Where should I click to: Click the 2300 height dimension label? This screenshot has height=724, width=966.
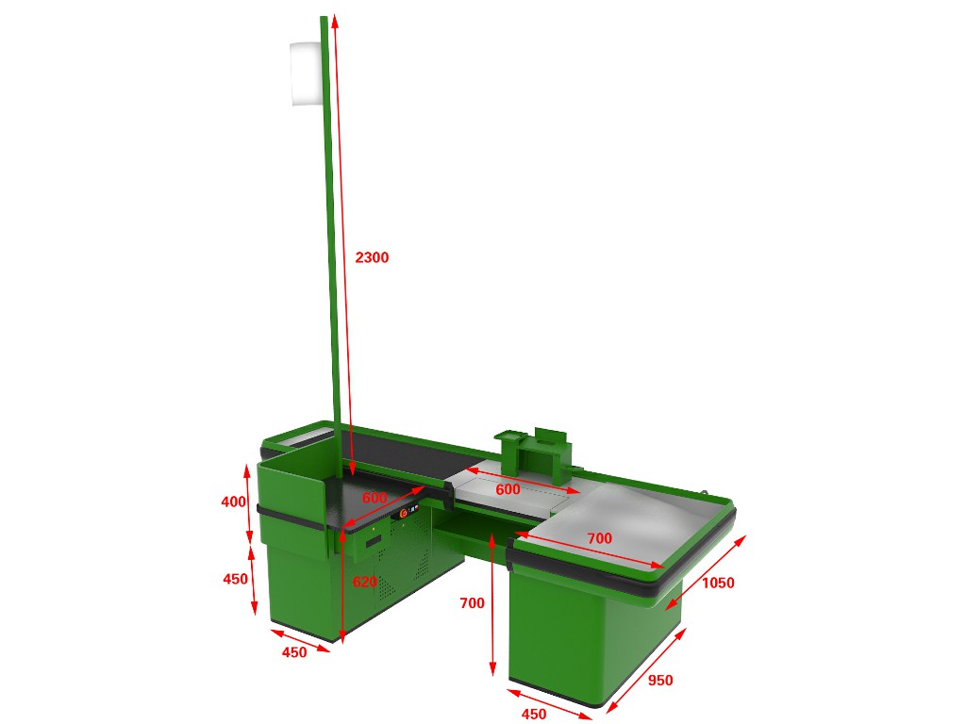(372, 257)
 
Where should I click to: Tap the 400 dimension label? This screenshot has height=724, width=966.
(234, 502)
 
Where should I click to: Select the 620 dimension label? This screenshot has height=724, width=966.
(365, 582)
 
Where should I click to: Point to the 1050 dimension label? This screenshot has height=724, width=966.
(718, 583)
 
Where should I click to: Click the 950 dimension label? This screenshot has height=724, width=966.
(659, 681)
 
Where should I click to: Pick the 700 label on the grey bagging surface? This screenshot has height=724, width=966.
(599, 538)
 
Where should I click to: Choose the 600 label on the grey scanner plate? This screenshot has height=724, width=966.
(508, 489)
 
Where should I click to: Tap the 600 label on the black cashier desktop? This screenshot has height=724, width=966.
(375, 498)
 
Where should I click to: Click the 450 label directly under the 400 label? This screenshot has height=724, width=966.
(235, 579)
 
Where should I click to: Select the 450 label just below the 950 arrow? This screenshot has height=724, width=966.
(534, 714)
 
